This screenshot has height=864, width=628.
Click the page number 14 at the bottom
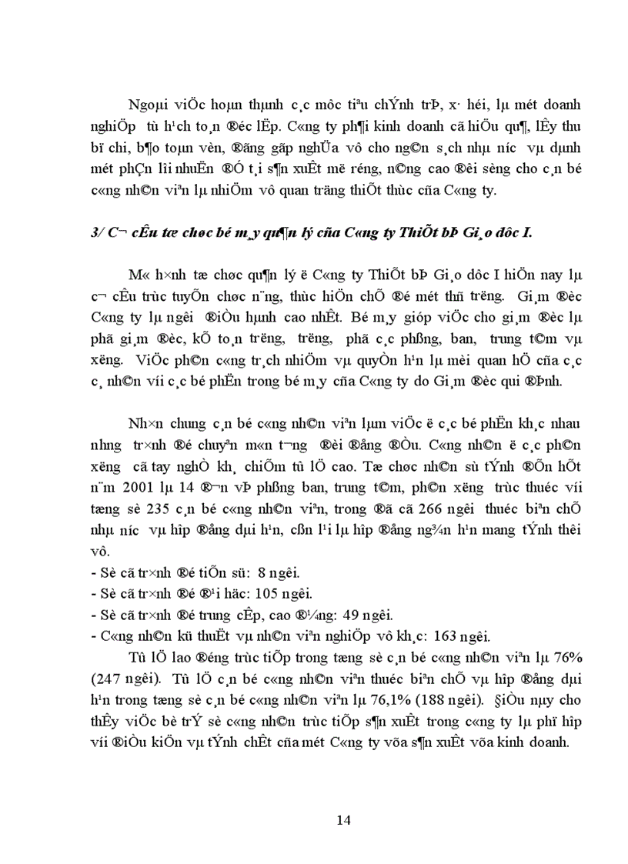pos(344,819)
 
